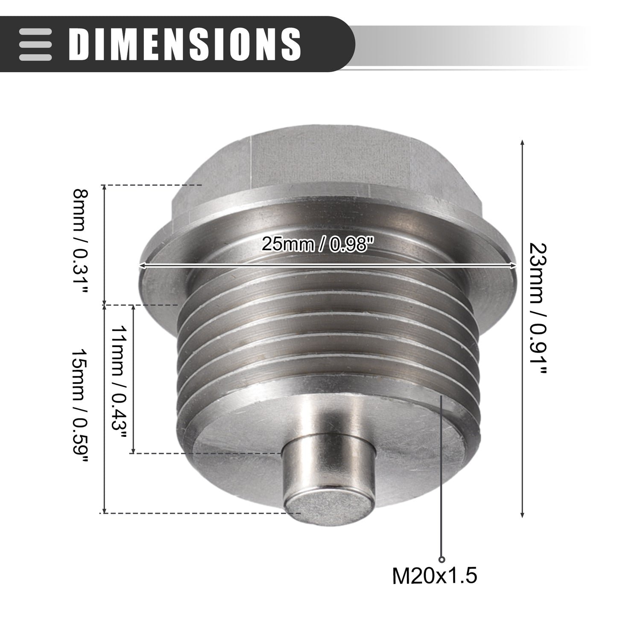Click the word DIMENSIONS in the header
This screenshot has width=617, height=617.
185,44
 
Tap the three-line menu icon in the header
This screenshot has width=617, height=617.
35,44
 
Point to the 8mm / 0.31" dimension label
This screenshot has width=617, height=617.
80,242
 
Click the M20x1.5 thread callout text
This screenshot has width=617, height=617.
435,585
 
